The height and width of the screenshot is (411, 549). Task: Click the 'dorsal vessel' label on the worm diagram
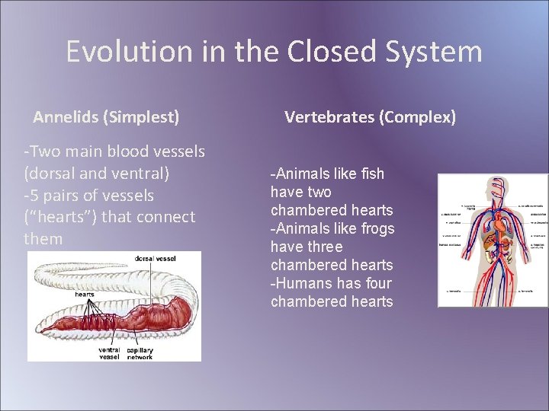pos(156,259)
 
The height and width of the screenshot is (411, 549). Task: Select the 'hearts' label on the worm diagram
pos(85,294)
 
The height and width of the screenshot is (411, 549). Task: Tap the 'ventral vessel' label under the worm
pos(108,353)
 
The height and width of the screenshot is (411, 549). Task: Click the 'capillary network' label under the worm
pos(140,353)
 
